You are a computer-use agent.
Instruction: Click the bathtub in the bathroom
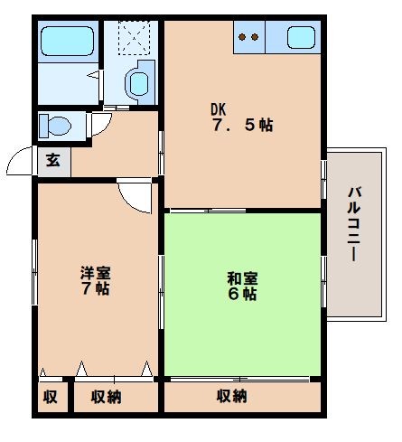click(67, 42)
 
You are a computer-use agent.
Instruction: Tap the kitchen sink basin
click(301, 37)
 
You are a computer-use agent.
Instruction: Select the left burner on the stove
click(242, 37)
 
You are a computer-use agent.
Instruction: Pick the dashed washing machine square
click(134, 38)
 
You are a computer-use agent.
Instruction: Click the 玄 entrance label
click(53, 160)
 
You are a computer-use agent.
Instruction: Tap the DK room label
click(218, 109)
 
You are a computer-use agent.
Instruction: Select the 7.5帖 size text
click(243, 125)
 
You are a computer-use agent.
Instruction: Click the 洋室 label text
click(96, 273)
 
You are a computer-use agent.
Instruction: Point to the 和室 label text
click(243, 278)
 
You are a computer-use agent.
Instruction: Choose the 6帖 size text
click(242, 294)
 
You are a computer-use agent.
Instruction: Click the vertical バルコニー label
click(354, 224)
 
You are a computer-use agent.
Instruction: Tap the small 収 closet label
click(51, 397)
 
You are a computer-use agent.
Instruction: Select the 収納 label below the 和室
click(232, 396)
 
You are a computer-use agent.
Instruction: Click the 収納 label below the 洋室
click(107, 397)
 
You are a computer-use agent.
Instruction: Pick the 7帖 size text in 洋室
click(95, 288)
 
